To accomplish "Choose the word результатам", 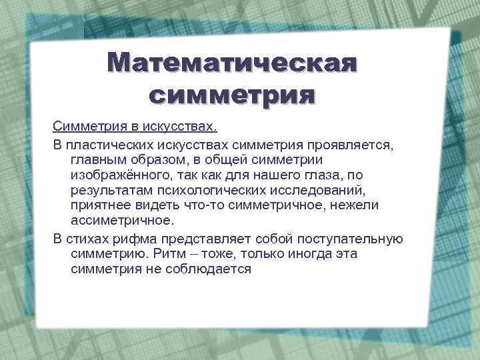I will coord(107,189).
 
